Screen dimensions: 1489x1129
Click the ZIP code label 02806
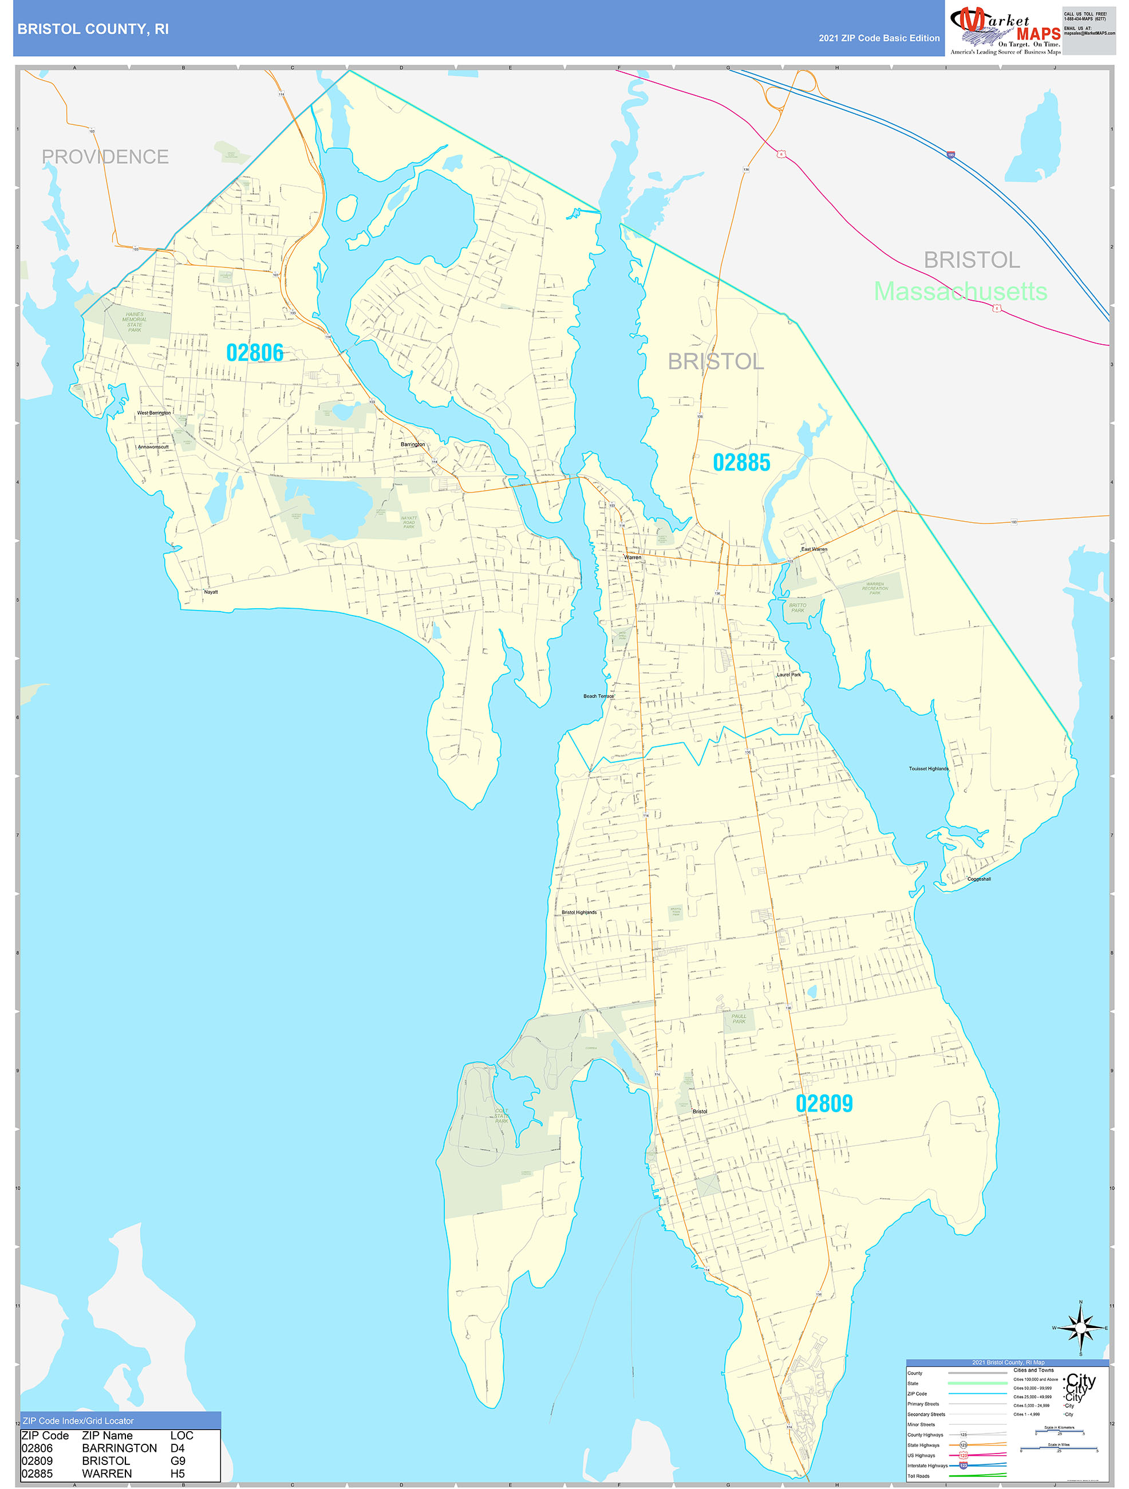(x=254, y=352)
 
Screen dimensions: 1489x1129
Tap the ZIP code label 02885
(x=741, y=463)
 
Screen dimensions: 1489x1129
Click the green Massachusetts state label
(x=960, y=292)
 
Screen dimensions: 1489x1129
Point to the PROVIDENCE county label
(x=105, y=157)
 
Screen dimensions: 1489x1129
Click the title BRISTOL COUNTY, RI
(x=93, y=29)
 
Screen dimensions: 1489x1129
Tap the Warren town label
(x=633, y=557)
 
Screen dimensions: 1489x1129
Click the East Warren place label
(x=814, y=549)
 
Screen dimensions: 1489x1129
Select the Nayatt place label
(x=211, y=592)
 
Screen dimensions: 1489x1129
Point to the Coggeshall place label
(x=978, y=879)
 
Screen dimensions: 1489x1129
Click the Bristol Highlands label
(x=579, y=913)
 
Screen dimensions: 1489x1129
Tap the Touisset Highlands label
(x=929, y=769)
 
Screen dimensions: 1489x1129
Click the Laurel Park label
(x=788, y=675)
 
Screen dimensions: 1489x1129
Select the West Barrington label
(x=153, y=413)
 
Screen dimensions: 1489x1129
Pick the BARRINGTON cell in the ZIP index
(x=119, y=1448)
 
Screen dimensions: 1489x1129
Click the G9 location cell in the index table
(x=177, y=1461)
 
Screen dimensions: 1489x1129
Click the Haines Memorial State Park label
(x=135, y=322)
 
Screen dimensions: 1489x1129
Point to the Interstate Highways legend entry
(x=928, y=1466)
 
